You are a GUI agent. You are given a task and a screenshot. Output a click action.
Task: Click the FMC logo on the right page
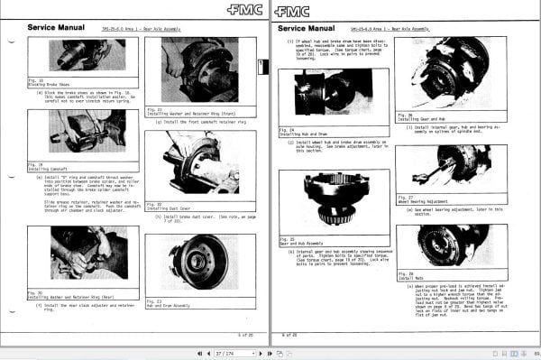click(292, 12)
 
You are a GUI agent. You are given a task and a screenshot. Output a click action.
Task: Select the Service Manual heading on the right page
click(307, 29)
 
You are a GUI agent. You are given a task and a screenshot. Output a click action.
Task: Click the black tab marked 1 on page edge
click(261, 66)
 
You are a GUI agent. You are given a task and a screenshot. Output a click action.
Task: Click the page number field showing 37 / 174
click(224, 352)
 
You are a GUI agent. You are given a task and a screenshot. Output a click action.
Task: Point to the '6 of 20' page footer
click(289, 335)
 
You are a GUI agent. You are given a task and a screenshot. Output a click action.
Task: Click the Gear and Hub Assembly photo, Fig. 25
click(334, 198)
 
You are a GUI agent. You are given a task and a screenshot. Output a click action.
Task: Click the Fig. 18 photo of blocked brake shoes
click(82, 56)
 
